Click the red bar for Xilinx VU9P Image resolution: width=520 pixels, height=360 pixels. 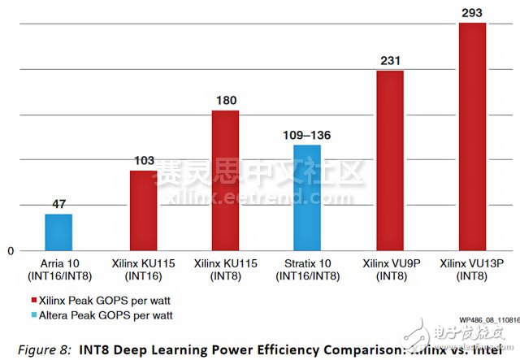[x=390, y=160]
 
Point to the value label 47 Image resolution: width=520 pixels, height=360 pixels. [x=58, y=205]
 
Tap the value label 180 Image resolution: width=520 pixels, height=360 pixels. [x=225, y=101]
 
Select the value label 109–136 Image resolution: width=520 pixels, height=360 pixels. [x=307, y=135]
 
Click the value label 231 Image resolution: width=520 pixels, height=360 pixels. [x=390, y=61]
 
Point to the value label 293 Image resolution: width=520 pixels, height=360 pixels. [x=472, y=13]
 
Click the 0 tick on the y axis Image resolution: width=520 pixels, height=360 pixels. [x=11, y=250]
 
